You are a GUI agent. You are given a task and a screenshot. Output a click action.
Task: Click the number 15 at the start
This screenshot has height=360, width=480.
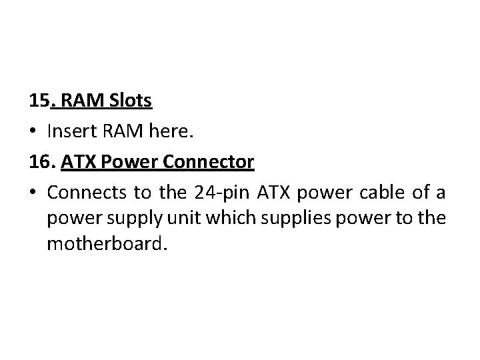39,101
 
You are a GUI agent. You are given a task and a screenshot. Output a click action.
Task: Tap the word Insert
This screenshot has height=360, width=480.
75,133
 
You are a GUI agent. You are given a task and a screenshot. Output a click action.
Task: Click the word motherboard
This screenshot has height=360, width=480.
104,243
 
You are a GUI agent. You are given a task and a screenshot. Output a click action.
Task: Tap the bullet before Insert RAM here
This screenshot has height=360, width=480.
34,133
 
